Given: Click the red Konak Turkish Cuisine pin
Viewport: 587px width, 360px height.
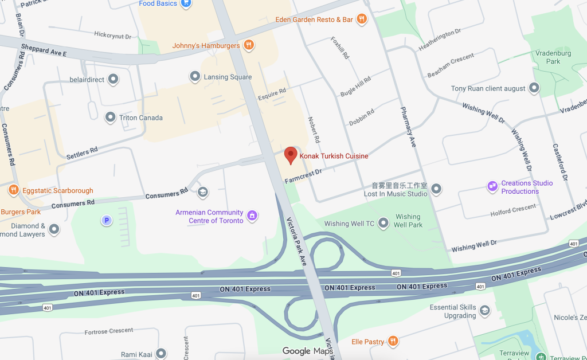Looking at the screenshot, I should pyautogui.click(x=291, y=155).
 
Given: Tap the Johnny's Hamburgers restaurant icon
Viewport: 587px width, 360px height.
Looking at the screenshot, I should pyautogui.click(x=248, y=45).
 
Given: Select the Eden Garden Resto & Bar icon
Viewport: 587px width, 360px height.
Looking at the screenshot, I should pyautogui.click(x=361, y=19).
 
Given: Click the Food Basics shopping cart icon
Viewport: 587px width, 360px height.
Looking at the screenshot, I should pyautogui.click(x=185, y=3).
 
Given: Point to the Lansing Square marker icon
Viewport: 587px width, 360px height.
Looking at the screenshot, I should pyautogui.click(x=195, y=76).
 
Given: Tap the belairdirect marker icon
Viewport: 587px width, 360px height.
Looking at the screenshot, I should pyautogui.click(x=114, y=79).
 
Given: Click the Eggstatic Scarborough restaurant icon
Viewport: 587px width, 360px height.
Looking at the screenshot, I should pyautogui.click(x=13, y=190).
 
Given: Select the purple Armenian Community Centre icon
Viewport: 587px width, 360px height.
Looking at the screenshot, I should pyautogui.click(x=252, y=216).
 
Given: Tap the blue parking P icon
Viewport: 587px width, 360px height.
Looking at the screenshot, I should pyautogui.click(x=105, y=220).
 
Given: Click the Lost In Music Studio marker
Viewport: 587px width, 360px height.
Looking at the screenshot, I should pyautogui.click(x=436, y=189).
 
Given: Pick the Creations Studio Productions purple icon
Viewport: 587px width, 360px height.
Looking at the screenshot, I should pyautogui.click(x=492, y=186).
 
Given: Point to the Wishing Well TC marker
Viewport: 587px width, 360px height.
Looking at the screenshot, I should pyautogui.click(x=383, y=224).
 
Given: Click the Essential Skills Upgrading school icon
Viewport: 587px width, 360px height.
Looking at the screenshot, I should pyautogui.click(x=484, y=311).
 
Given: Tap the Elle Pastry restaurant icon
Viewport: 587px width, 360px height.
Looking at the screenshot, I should pyautogui.click(x=393, y=342).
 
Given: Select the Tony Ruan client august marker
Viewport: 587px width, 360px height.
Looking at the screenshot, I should pyautogui.click(x=534, y=88).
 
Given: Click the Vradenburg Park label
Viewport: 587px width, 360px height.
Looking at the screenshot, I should pyautogui.click(x=553, y=57).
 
